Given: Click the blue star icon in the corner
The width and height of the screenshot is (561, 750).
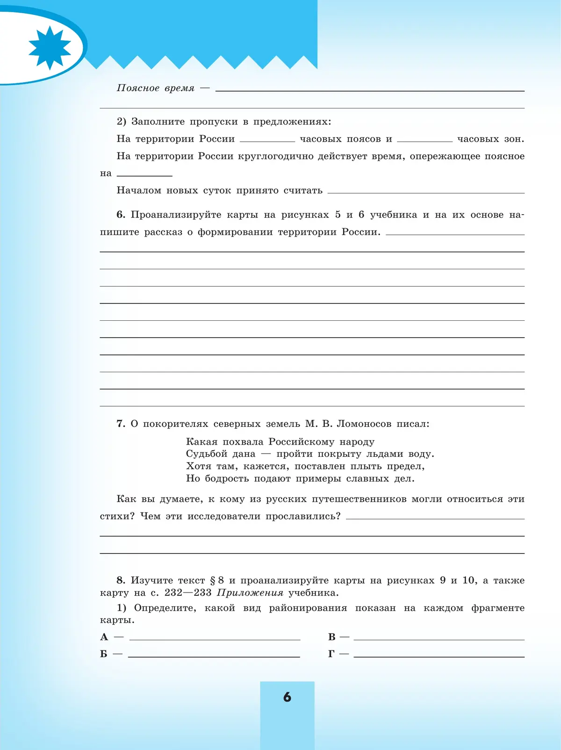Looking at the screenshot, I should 50,48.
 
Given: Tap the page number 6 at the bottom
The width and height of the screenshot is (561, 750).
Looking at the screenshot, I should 287,697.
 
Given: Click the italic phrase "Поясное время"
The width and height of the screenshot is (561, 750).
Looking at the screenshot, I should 155,88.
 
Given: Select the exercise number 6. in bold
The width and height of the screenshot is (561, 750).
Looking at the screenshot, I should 121,215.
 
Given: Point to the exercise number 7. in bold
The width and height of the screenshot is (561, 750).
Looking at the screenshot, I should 121,424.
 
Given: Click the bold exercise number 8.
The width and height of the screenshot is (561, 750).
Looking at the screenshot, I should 121,580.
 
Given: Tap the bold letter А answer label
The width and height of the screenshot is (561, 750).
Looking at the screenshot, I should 104,637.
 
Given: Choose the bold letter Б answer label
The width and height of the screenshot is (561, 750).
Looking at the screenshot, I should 104,654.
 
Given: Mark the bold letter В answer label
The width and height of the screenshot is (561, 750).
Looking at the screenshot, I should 332,637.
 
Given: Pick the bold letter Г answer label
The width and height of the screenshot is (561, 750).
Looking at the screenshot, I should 331,654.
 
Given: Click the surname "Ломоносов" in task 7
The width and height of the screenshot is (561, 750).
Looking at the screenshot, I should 364,424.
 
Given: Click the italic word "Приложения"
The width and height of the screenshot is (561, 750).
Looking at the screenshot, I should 250,593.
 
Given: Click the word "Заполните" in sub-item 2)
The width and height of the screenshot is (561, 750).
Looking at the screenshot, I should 158,122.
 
